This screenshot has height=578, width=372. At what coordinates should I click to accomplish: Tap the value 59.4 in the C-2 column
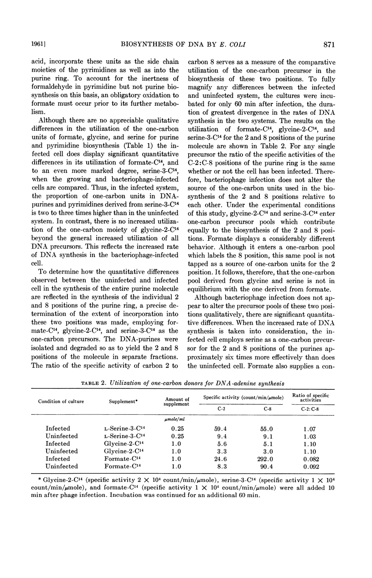[x=219, y=428]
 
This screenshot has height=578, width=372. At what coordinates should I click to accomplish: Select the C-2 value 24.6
[x=219, y=459]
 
